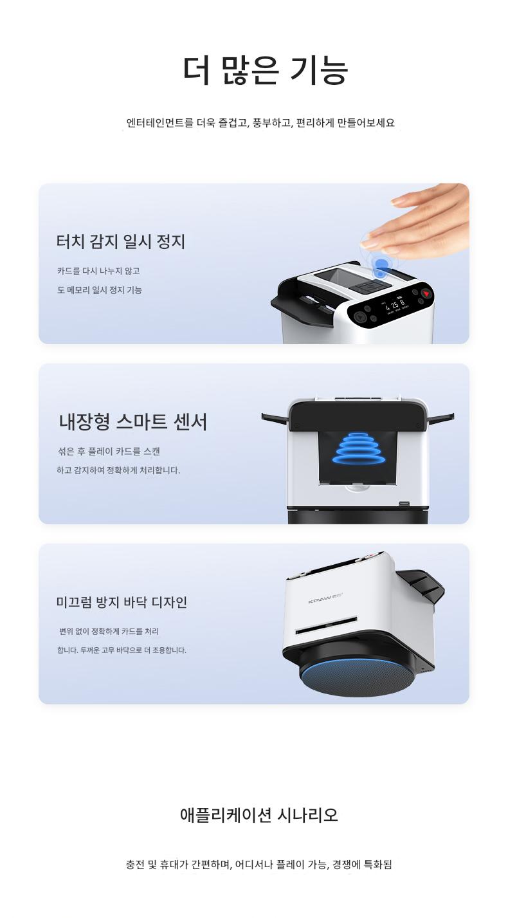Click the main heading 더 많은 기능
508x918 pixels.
coord(265,70)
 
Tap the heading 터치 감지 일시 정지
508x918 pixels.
coord(121,241)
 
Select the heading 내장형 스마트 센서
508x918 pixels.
coord(133,422)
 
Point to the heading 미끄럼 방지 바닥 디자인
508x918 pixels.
coord(122,602)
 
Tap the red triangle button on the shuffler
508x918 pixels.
coord(427,294)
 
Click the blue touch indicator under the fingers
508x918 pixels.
coord(381,266)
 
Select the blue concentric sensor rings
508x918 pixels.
coord(358,448)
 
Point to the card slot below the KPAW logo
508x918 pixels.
coord(326,626)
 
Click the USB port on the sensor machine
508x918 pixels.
coord(404,503)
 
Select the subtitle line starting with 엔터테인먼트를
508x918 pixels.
coord(260,122)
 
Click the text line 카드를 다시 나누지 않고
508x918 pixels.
coord(98,271)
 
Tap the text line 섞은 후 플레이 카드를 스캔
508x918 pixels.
coord(109,452)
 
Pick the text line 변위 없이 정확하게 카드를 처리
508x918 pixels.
coord(109,632)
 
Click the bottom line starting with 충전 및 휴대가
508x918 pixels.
coord(259,865)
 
